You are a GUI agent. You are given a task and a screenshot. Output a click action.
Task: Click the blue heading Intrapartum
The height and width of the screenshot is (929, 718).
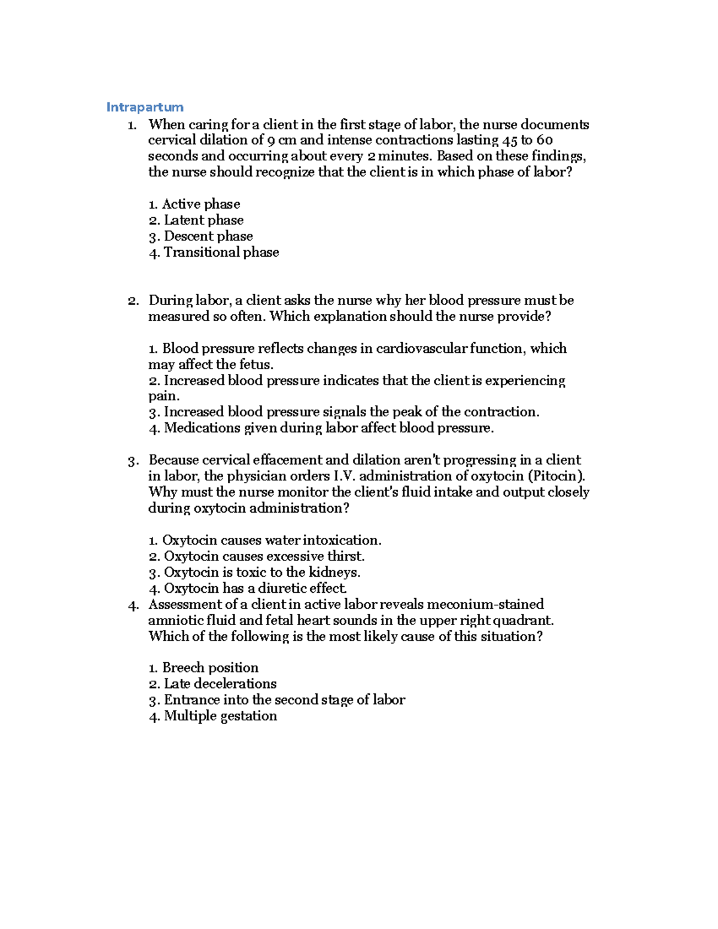point(144,107)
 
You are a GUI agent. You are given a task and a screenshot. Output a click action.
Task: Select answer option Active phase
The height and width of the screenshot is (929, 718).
point(194,204)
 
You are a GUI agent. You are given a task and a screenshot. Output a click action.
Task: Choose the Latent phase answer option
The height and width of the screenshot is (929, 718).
point(196,220)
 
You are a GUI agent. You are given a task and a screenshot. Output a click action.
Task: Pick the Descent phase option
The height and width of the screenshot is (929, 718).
point(201,236)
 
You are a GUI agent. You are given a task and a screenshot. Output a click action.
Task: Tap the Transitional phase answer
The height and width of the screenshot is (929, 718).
point(214,252)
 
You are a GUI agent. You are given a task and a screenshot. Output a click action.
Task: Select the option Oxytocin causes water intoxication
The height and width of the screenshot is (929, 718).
point(265,540)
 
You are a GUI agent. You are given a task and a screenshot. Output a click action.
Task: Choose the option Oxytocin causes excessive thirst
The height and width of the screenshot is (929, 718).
point(257,556)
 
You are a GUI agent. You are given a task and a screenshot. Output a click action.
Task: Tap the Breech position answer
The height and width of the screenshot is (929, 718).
point(203,668)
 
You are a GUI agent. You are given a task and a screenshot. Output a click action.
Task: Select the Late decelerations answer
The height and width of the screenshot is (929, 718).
point(212,684)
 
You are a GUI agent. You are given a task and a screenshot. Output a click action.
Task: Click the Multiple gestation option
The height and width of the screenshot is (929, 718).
point(213,716)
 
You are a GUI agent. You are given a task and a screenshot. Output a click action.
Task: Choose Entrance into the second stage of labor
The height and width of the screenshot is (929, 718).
point(277,700)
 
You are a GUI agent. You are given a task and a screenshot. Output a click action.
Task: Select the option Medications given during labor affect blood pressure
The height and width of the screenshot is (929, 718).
point(321,428)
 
